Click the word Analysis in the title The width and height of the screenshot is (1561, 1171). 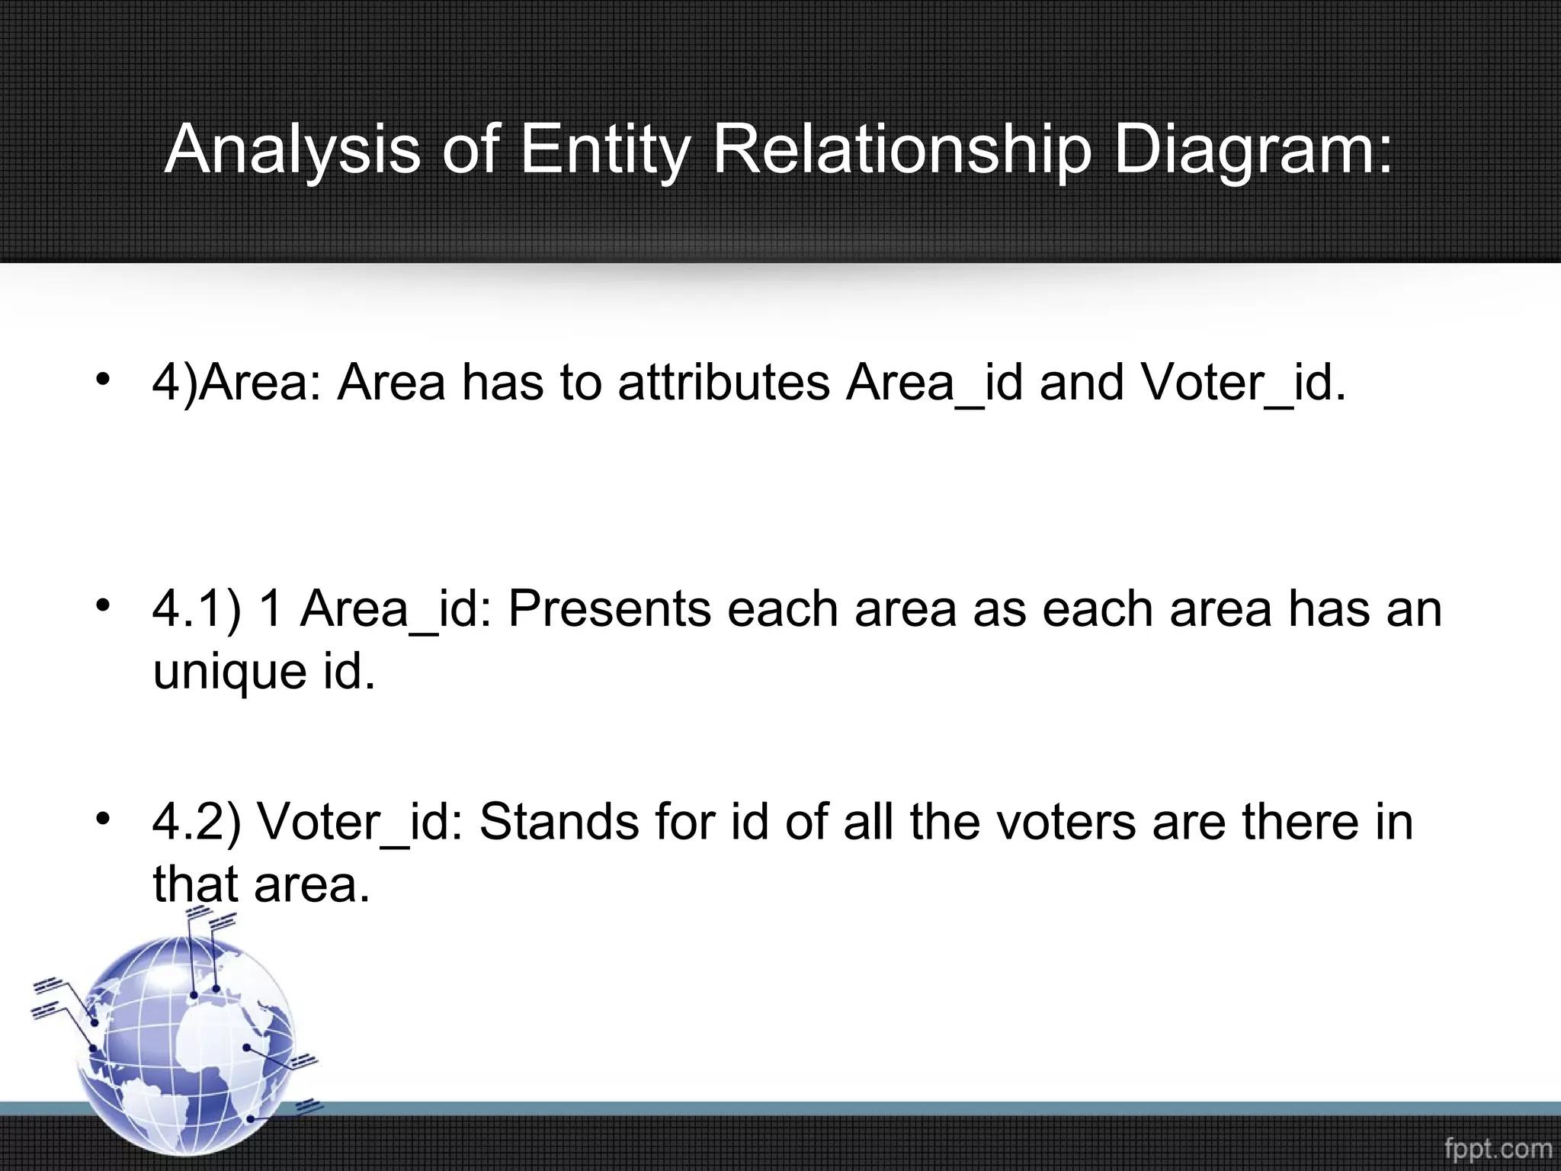292,149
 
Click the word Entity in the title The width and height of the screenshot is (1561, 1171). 603,149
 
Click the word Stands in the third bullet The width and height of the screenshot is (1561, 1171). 559,822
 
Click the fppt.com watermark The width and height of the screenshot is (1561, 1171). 1498,1148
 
